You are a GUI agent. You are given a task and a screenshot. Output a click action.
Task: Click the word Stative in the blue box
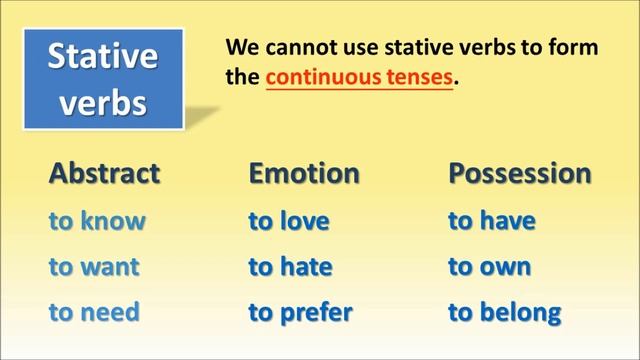pos(103,56)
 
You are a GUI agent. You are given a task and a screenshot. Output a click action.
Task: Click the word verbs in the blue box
pos(103,102)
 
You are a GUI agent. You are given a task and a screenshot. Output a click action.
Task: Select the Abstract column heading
pos(105,173)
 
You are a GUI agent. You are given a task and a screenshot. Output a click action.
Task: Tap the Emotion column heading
pos(304,173)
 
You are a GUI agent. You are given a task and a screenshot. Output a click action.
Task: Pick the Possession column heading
pos(519,173)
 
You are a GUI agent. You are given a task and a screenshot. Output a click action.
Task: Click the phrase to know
pos(97,221)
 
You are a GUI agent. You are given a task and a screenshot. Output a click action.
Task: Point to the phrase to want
pos(94,267)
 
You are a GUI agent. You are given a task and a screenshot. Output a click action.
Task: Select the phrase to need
pos(94,312)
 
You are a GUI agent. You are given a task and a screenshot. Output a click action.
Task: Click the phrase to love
pos(289,221)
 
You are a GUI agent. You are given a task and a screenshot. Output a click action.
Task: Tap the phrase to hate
pos(290,267)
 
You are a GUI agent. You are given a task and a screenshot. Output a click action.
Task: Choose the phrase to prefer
pos(300,312)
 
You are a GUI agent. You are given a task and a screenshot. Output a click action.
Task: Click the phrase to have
pos(491,221)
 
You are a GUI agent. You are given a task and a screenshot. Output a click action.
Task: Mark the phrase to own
pos(489,267)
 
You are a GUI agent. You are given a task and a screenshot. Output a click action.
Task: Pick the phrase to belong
pos(504,312)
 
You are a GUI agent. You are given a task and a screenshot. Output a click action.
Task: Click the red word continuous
pos(316,76)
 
